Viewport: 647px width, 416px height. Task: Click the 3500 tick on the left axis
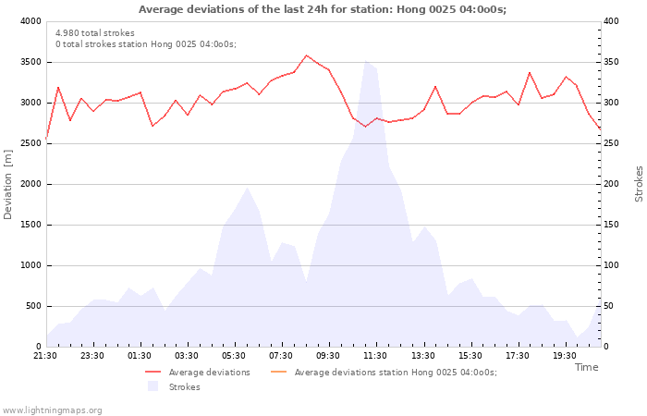[29, 62]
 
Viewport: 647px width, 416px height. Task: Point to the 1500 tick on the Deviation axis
[29, 225]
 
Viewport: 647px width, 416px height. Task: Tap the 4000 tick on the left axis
[29, 21]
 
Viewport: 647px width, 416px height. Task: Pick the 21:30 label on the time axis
[45, 356]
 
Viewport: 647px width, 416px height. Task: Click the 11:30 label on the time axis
[375, 356]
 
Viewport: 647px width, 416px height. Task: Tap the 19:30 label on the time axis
[564, 356]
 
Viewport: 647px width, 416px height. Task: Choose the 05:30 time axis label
[234, 356]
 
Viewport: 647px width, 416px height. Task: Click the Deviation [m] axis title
[8, 184]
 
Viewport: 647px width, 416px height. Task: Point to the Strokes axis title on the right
[639, 184]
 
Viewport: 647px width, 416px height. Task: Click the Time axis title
[586, 367]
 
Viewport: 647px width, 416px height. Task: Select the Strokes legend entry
[184, 387]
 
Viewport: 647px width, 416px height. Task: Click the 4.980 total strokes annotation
[94, 33]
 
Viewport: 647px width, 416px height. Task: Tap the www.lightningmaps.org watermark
[53, 410]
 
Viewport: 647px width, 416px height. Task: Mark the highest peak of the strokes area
[365, 61]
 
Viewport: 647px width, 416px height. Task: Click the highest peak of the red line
[307, 55]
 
